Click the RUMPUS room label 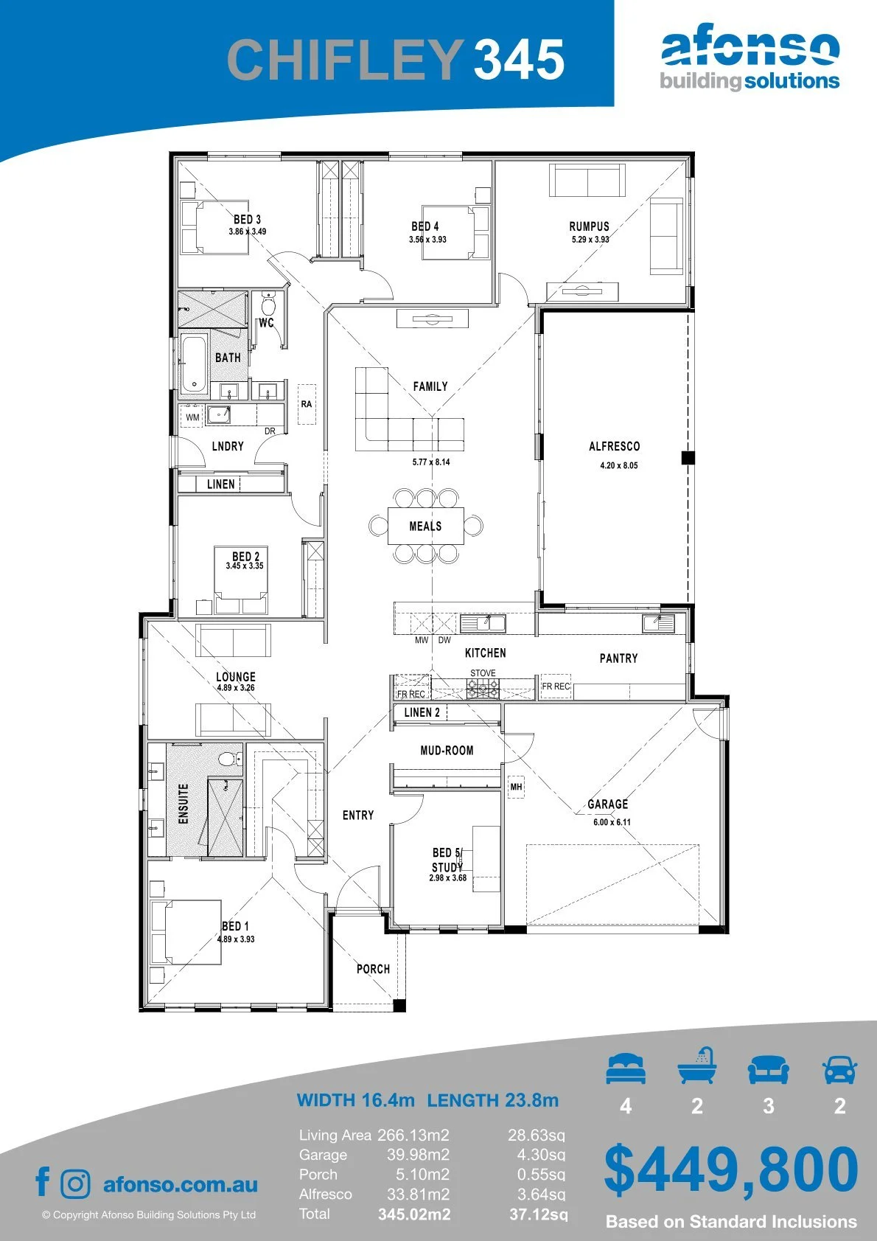(589, 226)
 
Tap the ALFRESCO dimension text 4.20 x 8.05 (619, 465)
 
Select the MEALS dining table (426, 526)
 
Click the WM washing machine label (192, 417)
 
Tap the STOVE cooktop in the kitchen (483, 689)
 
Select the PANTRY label (618, 658)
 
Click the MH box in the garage (516, 787)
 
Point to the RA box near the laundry (306, 404)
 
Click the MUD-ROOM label (447, 750)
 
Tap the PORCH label (373, 969)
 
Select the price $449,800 (730, 1171)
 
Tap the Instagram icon (75, 1183)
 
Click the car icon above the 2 (840, 1069)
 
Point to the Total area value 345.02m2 (414, 1214)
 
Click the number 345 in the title (519, 59)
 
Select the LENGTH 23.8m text (493, 1099)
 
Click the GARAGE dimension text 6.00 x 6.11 (612, 822)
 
